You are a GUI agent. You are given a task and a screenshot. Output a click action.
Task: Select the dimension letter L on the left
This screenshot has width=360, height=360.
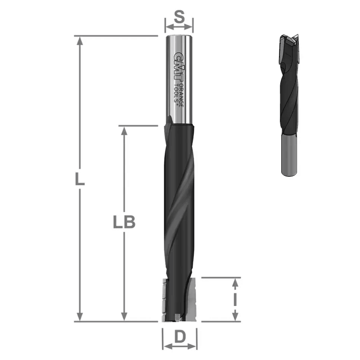79,179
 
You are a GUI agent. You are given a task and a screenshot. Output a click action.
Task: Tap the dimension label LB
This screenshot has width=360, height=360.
123,223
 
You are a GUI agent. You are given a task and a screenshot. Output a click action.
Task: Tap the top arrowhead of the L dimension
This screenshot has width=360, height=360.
80,40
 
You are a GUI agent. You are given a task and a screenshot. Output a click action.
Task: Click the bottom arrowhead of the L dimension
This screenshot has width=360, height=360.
80,318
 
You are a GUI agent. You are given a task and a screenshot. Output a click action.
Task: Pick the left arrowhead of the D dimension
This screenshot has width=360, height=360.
165,346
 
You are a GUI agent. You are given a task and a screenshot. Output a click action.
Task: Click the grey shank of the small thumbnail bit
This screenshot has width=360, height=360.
289,155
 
